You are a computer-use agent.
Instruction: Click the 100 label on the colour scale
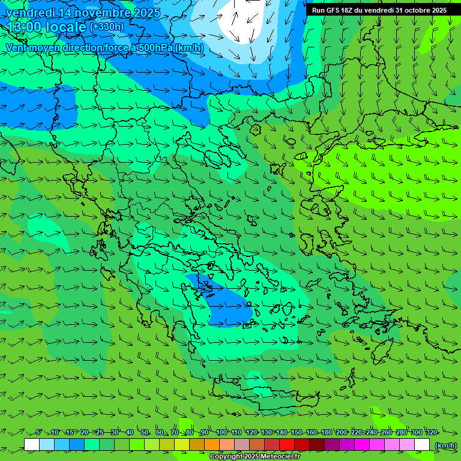[x=221, y=432]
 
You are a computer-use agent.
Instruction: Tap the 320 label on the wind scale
[x=432, y=432]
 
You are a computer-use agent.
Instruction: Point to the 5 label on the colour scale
[x=38, y=432]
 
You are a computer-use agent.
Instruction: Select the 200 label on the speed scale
[x=342, y=432]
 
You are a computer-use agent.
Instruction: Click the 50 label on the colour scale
[x=145, y=432]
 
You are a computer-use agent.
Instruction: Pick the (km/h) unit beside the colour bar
[x=445, y=445]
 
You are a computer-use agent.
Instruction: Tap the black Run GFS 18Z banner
[x=379, y=10]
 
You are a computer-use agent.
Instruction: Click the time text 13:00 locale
[x=46, y=26]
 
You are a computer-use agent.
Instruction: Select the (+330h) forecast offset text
[x=107, y=26]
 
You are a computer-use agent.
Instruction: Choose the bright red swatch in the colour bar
[x=287, y=445]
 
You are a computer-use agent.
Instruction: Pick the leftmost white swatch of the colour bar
[x=32, y=445]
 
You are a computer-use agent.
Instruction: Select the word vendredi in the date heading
[x=29, y=13]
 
